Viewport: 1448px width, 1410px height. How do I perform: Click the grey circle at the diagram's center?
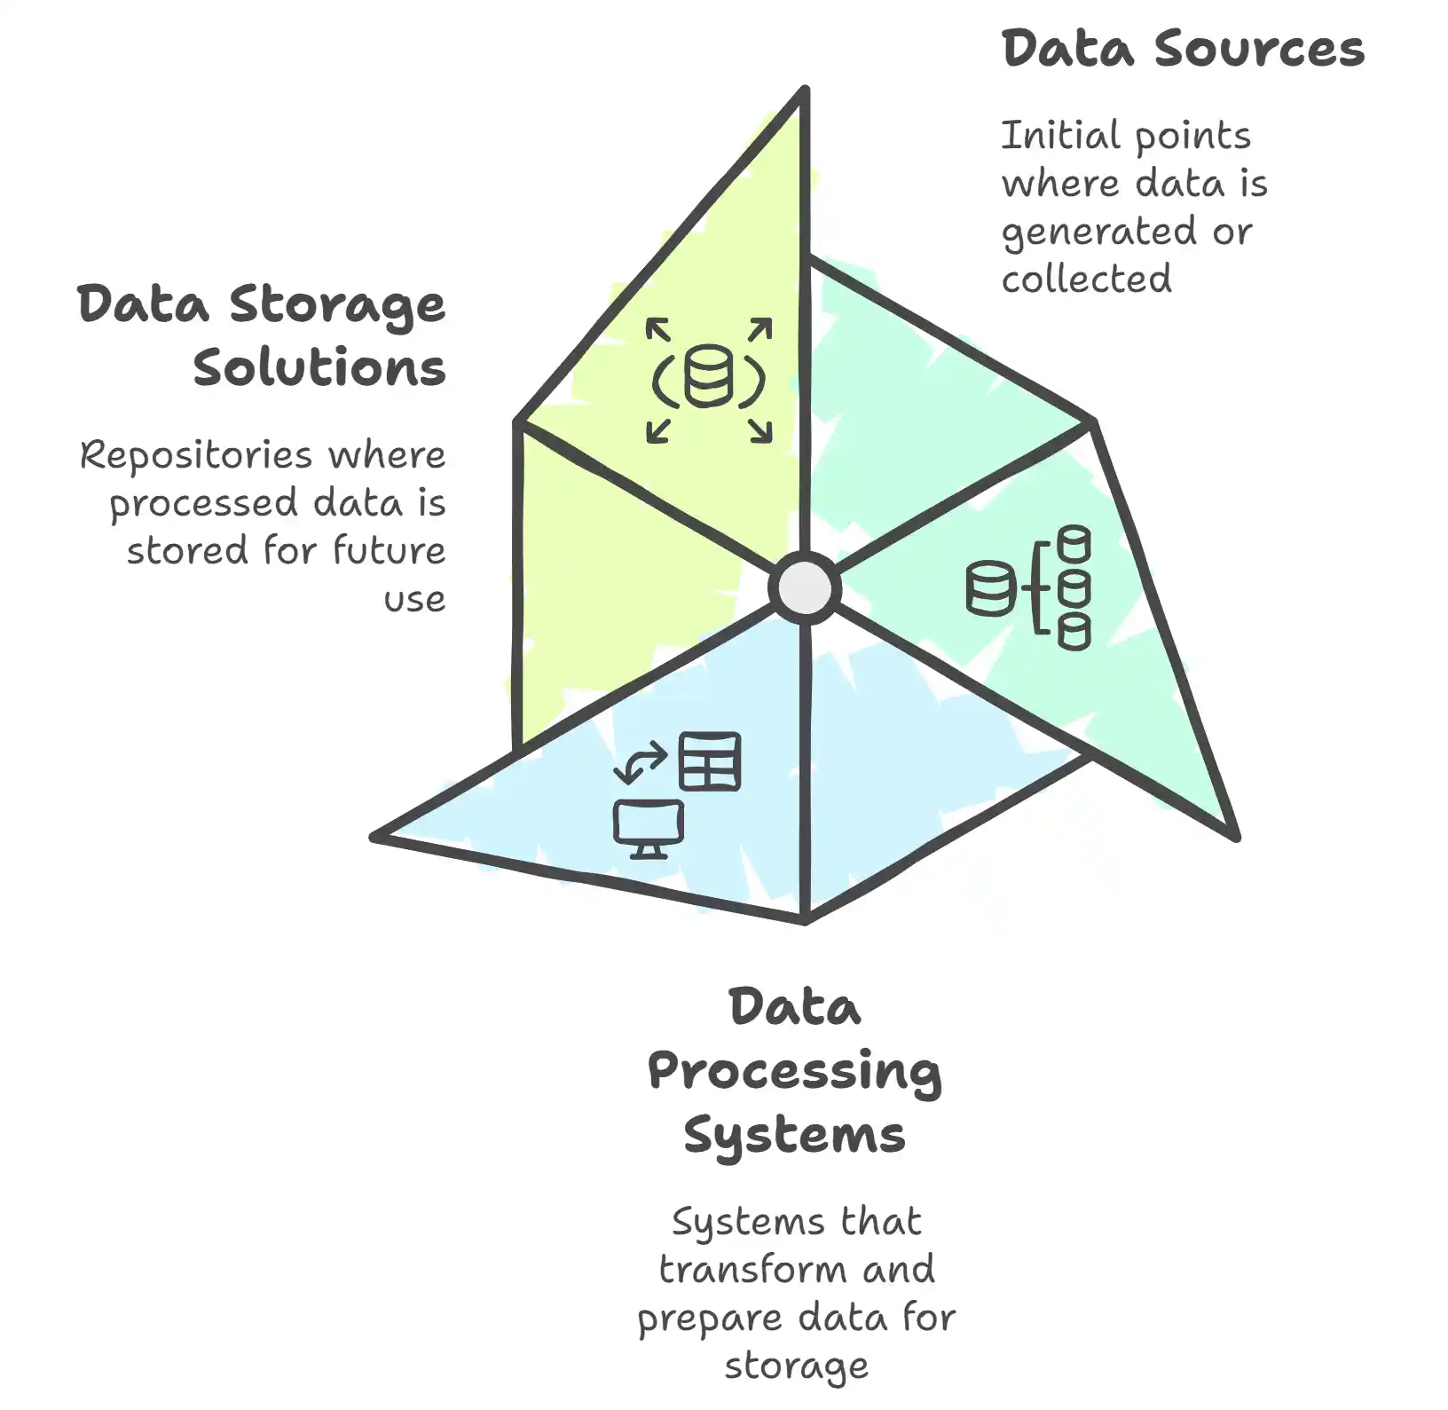point(804,587)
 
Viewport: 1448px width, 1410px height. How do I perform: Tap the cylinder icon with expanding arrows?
point(708,380)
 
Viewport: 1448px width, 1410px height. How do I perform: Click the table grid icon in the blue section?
point(710,760)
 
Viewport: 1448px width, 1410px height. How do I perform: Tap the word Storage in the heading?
point(337,304)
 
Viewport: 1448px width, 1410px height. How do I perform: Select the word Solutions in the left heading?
point(319,367)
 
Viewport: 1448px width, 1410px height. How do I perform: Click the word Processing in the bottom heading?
point(794,1071)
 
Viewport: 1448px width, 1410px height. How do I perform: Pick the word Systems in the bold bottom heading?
point(794,1135)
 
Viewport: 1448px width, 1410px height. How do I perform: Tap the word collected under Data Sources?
point(1086,279)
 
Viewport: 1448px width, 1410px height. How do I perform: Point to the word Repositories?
point(196,456)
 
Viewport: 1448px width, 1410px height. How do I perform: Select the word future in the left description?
point(389,551)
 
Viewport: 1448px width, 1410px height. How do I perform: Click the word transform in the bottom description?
point(752,1270)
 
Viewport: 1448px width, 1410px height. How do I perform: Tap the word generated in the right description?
point(1097,232)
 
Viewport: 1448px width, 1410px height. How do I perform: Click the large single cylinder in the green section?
point(989,588)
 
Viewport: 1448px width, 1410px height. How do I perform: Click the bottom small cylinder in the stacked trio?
point(1074,633)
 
